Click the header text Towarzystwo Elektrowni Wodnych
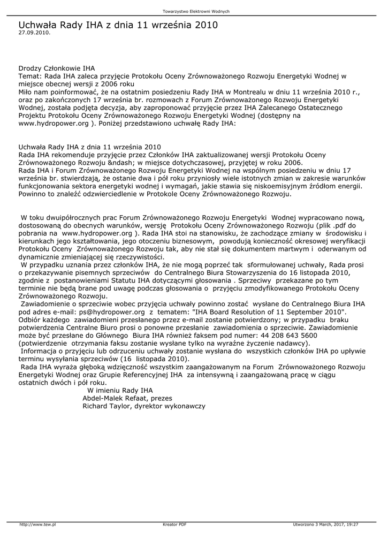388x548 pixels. (196, 11)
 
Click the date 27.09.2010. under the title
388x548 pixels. (34, 32)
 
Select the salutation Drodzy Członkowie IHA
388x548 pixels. (57, 68)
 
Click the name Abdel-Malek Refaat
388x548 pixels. (115, 398)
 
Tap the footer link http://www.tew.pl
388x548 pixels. (37, 524)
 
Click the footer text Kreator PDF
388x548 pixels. (174, 524)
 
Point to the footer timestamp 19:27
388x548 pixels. (352, 524)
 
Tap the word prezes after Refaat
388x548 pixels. (162, 398)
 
